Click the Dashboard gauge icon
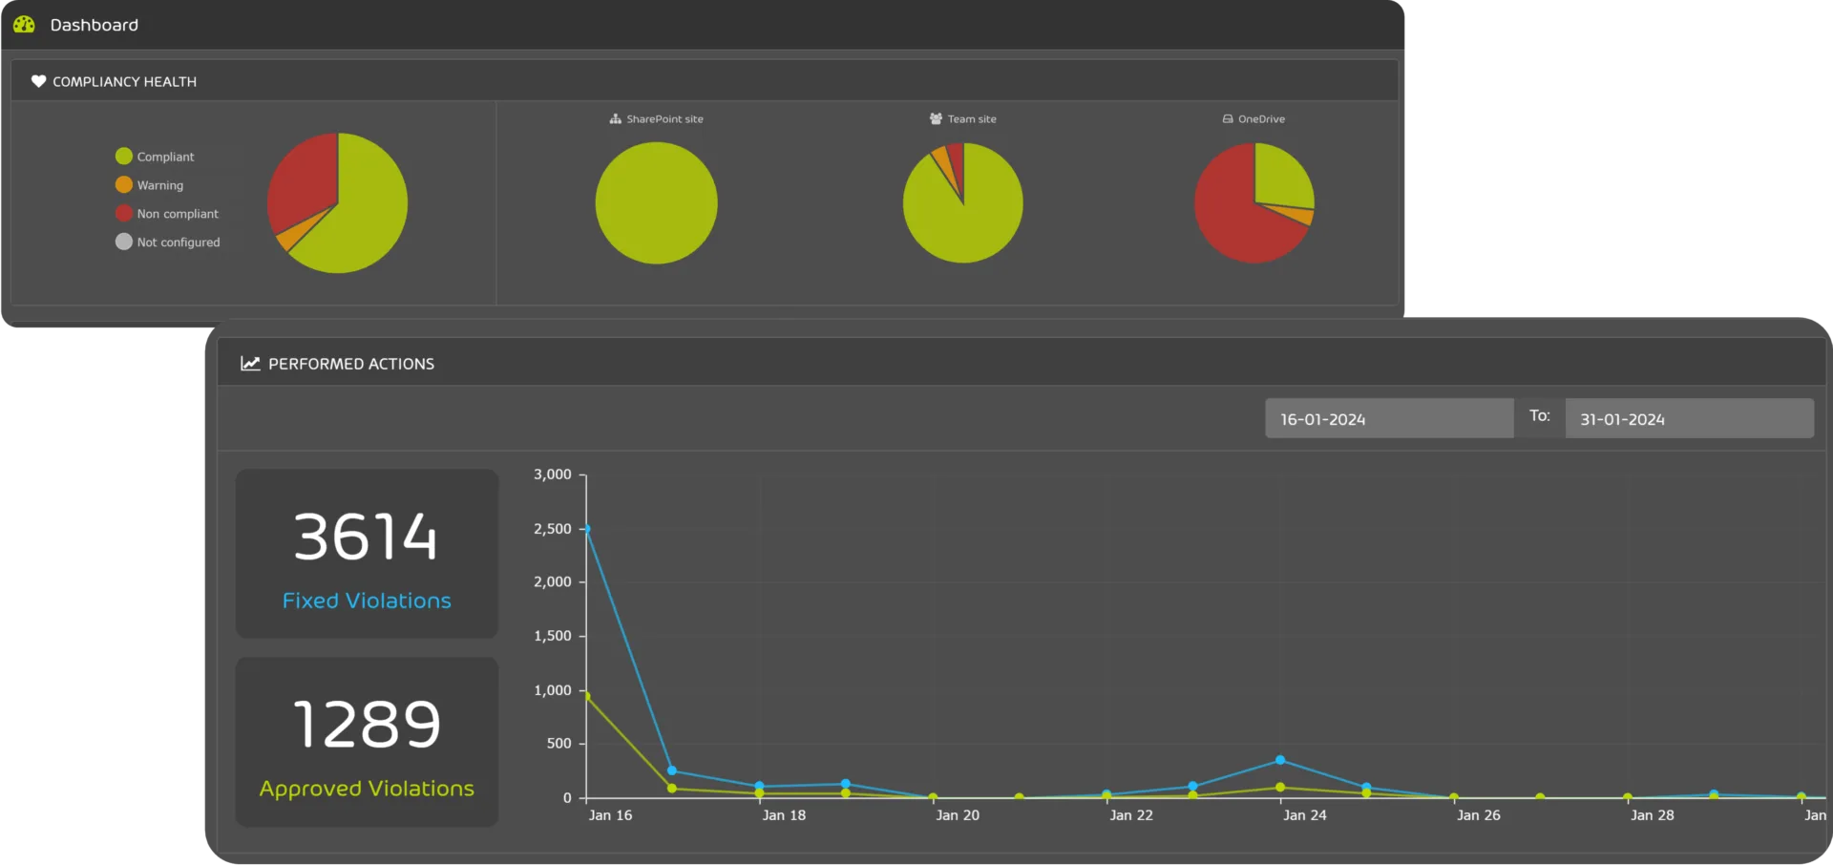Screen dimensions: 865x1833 [24, 24]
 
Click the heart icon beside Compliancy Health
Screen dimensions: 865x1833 [38, 81]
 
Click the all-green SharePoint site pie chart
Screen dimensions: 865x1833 [656, 203]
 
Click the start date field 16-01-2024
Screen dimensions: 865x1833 [1388, 419]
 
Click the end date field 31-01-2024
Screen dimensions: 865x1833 [1688, 419]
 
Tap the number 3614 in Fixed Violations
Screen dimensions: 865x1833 [366, 537]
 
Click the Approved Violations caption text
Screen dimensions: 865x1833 [367, 789]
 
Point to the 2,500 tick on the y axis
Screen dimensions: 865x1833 [553, 529]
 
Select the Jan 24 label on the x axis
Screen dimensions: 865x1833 [1304, 815]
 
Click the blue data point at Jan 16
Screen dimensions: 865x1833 [586, 529]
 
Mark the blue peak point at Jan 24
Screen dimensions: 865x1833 [1280, 760]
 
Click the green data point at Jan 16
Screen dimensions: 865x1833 [586, 696]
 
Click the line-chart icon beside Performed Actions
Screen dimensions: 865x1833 [250, 364]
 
